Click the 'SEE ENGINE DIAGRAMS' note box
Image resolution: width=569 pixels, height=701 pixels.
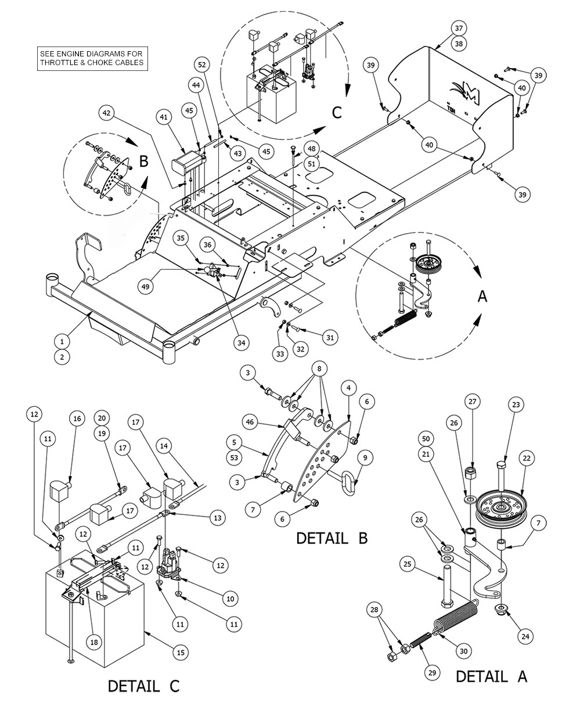click(92, 58)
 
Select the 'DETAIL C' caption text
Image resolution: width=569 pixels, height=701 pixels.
click(143, 686)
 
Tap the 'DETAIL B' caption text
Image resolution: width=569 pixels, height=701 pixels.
click(332, 538)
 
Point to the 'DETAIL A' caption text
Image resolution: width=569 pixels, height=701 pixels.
click(491, 676)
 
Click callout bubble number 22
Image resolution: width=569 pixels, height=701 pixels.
click(527, 458)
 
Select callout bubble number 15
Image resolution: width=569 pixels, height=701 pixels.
click(181, 653)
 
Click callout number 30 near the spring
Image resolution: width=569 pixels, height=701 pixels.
click(463, 652)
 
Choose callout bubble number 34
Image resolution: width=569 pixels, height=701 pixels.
click(241, 343)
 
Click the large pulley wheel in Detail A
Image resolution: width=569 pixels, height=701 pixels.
click(500, 507)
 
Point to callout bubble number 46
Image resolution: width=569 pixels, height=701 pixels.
click(250, 423)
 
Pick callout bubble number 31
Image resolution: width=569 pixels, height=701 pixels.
click(330, 337)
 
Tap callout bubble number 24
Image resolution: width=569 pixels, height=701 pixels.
click(525, 636)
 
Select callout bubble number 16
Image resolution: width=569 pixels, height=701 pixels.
click(77, 419)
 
